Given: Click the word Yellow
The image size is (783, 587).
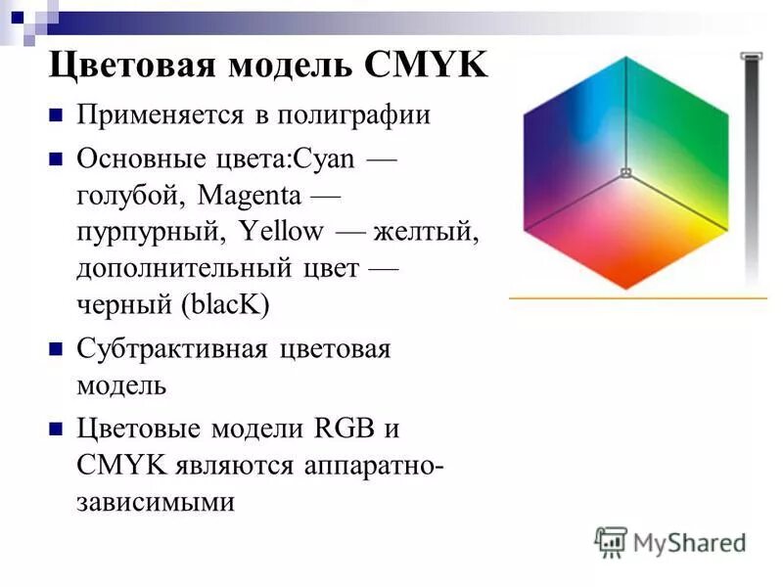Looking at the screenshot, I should click(x=281, y=231).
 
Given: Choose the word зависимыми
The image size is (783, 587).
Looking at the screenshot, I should click(x=156, y=502).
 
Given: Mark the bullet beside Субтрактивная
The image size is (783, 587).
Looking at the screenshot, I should click(x=56, y=349).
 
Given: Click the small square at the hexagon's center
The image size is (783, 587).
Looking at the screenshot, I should click(x=624, y=174).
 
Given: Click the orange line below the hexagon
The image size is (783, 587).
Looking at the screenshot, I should click(x=637, y=296).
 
